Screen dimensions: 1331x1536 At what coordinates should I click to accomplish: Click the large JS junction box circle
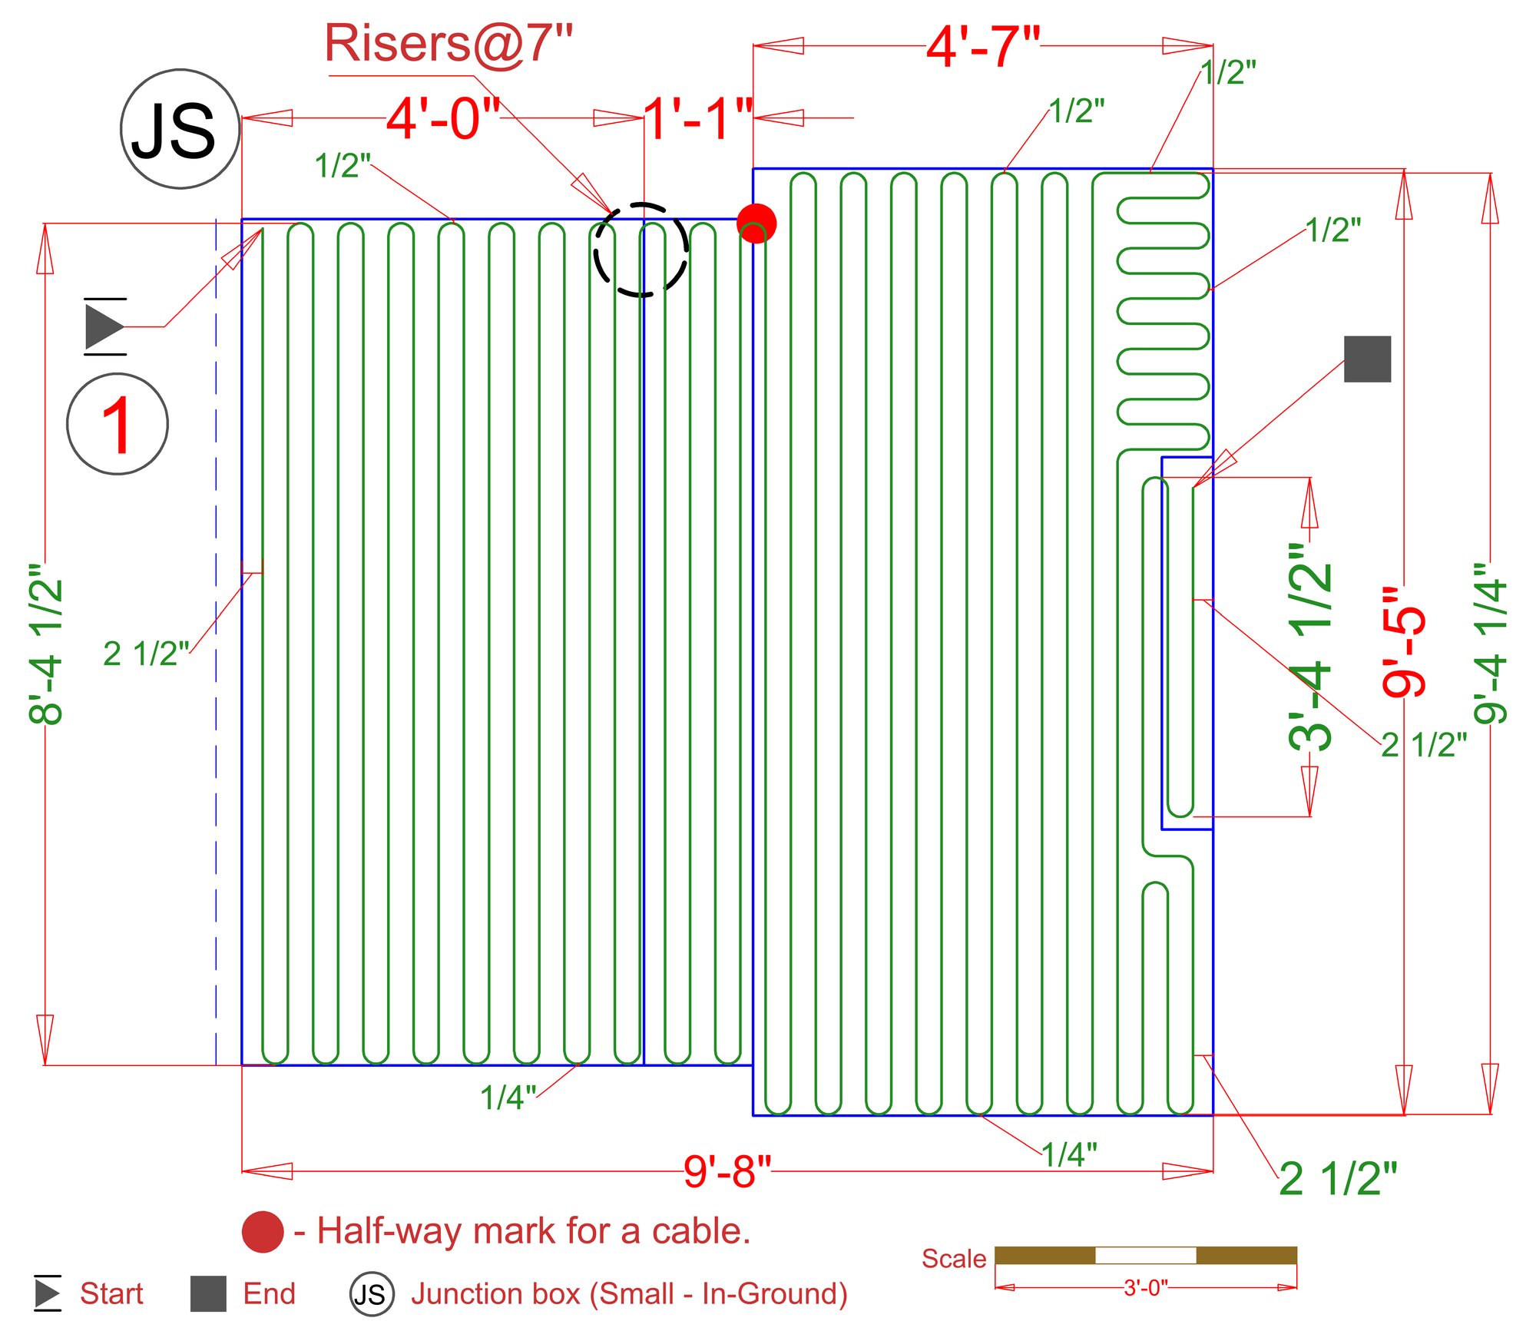[x=180, y=129]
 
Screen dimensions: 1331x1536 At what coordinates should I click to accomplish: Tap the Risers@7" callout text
[x=449, y=44]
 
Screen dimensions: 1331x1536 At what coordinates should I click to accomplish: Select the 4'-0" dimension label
[x=443, y=119]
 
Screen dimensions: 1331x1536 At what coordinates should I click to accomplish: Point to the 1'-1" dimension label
[x=697, y=119]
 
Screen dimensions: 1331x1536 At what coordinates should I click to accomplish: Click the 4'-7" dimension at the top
[x=983, y=47]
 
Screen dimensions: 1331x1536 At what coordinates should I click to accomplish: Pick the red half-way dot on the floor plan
[x=756, y=223]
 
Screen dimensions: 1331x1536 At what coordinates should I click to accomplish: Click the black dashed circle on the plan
[x=641, y=250]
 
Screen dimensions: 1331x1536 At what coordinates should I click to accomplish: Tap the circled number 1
[x=118, y=424]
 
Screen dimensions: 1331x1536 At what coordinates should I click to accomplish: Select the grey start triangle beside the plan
[x=104, y=326]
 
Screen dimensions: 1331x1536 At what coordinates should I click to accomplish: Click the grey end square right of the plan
[x=1367, y=359]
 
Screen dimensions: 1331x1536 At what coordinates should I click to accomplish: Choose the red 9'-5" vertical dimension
[x=1405, y=642]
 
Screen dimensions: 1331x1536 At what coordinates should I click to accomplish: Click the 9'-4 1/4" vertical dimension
[x=1491, y=644]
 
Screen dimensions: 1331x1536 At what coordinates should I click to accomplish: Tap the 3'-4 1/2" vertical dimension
[x=1310, y=647]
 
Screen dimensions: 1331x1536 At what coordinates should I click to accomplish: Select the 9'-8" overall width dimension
[x=727, y=1171]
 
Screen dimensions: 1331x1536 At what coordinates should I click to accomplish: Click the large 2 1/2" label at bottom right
[x=1338, y=1178]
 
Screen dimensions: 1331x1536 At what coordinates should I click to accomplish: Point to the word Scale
[x=953, y=1259]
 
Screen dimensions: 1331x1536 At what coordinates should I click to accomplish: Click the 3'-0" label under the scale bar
[x=1145, y=1288]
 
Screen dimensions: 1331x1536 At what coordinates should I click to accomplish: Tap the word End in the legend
[x=269, y=1294]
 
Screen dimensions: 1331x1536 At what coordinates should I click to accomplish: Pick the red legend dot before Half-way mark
[x=263, y=1232]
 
